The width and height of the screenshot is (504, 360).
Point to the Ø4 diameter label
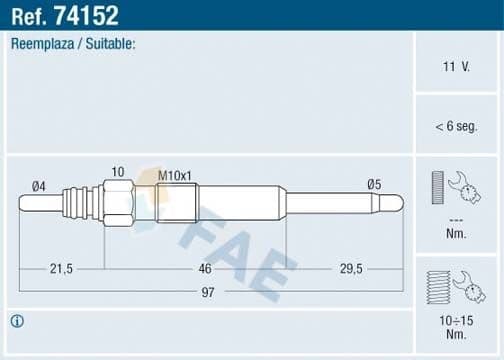pyautogui.click(x=39, y=186)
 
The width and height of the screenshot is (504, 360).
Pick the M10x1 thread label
pyautogui.click(x=175, y=175)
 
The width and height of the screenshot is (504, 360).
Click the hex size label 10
pyautogui.click(x=117, y=172)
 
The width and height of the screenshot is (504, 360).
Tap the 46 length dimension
pyautogui.click(x=205, y=269)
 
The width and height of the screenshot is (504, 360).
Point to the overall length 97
pyautogui.click(x=207, y=291)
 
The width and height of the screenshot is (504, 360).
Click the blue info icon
pyautogui.click(x=17, y=321)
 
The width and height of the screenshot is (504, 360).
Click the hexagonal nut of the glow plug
pyautogui.click(x=118, y=203)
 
